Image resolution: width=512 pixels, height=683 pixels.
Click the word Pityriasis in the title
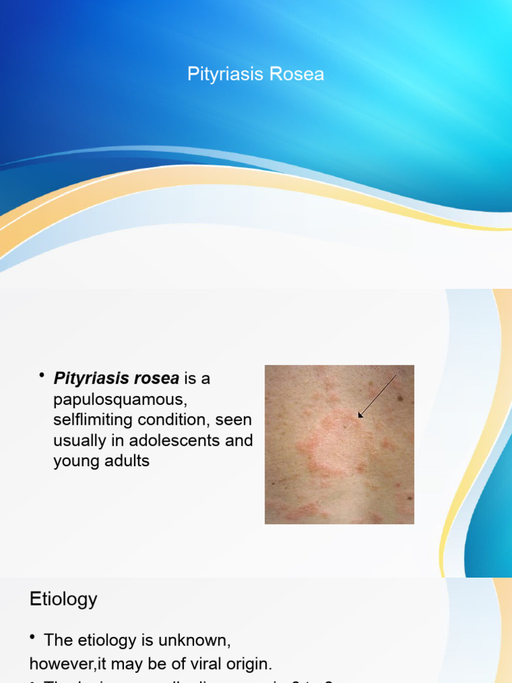[219, 74]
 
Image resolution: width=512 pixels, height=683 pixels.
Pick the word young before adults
[76, 462]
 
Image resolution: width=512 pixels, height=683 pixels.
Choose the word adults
[127, 461]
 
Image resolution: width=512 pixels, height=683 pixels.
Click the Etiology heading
[63, 599]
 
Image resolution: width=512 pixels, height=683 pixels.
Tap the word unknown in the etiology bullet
[197, 641]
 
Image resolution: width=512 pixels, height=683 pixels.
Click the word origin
[248, 664]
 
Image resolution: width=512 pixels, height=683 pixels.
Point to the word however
[57, 664]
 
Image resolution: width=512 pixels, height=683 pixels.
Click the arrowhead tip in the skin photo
[360, 416]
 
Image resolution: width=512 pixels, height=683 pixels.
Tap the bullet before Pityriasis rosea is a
[42, 377]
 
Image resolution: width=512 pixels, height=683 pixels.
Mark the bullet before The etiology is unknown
[33, 639]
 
